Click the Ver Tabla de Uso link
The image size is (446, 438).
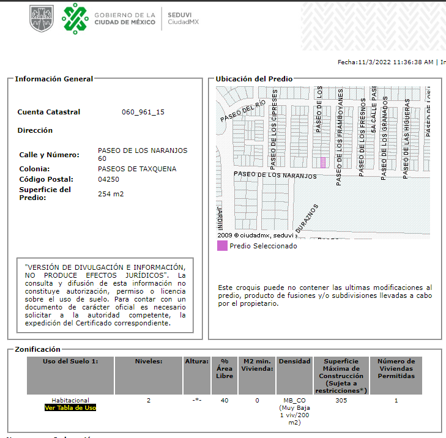70,407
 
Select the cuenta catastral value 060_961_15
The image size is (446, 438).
143,112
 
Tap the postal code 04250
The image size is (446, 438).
108,179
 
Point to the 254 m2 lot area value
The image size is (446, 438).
110,194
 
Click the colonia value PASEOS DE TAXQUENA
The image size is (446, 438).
137,169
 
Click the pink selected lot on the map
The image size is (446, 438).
323,162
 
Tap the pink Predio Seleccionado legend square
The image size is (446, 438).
222,246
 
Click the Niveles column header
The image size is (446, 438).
149,362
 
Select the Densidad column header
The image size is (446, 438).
295,362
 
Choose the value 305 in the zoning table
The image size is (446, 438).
341,401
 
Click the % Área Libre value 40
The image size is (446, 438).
225,401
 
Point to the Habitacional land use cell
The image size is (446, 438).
70,401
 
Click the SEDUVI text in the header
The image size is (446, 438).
180,14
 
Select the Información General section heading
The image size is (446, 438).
54,79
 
